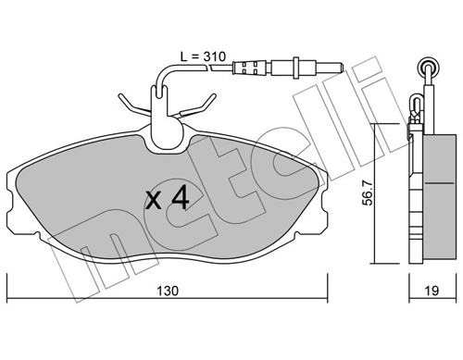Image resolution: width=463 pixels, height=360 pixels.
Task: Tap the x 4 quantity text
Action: coord(169,197)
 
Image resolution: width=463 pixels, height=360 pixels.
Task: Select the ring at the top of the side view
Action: coord(428,65)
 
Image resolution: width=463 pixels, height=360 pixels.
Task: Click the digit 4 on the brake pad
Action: coord(181,196)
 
